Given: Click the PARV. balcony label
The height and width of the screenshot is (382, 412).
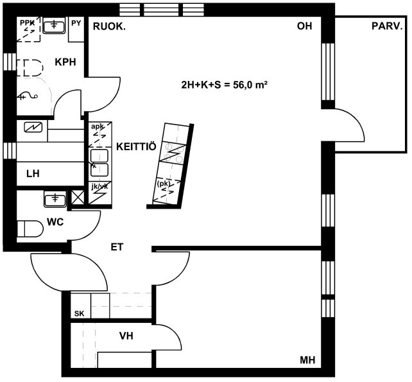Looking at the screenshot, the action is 387,26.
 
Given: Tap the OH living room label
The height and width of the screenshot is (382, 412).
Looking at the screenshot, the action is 305,26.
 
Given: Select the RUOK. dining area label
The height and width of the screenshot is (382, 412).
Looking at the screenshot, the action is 109,26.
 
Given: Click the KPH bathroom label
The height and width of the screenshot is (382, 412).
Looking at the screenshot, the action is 65,62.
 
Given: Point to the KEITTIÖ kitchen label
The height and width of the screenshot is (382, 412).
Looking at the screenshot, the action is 136,146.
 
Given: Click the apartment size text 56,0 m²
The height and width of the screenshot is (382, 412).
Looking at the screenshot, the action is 251,85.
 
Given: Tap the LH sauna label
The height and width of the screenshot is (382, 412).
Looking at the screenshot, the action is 33,174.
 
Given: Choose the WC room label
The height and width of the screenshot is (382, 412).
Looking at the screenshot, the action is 55,222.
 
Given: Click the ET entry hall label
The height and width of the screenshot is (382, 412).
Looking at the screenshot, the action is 117,247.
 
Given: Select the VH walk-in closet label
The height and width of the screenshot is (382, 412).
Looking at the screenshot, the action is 126,336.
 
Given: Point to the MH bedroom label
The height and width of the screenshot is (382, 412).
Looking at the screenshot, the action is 307,360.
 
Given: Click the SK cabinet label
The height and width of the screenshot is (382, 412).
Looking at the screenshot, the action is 80,314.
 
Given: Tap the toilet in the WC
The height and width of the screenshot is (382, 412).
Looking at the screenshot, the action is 30,229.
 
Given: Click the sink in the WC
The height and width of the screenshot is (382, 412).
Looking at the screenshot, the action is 55,199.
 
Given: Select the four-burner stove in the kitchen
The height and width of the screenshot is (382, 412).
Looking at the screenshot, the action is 173,153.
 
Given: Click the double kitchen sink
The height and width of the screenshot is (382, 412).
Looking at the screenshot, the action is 99,163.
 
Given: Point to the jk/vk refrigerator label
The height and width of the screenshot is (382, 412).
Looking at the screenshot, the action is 99,187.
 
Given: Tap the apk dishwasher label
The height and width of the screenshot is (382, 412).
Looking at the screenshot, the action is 98,126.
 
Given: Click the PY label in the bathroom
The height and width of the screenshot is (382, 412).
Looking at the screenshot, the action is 76,23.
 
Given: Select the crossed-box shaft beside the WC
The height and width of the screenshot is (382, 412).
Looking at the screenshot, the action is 78,197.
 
